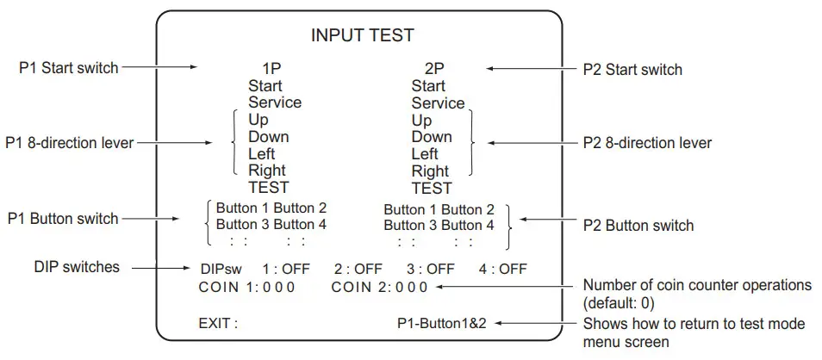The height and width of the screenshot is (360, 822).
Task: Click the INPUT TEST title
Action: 362,36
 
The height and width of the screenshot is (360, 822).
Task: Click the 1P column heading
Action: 272,68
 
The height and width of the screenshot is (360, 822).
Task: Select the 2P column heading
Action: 435,68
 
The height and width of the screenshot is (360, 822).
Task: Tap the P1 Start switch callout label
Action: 68,67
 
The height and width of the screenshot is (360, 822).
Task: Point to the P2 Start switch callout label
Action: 632,69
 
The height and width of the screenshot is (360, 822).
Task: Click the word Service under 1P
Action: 275,102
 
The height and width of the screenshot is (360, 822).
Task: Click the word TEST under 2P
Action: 432,188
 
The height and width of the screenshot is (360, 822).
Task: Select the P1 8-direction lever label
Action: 70,142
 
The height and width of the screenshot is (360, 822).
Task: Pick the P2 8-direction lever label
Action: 648,142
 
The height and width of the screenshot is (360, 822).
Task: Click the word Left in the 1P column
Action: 263,153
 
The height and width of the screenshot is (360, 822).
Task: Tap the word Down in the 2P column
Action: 431,137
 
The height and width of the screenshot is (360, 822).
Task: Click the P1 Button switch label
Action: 63,219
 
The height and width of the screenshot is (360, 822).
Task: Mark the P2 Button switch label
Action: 638,226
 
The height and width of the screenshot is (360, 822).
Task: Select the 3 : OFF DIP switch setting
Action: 430,270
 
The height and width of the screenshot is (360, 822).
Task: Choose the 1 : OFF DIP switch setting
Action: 285,270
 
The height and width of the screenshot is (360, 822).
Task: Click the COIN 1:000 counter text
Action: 246,287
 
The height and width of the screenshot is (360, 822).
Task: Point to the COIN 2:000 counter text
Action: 379,287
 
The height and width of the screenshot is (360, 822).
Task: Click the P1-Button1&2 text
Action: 443,324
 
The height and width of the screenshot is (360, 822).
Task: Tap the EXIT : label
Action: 218,324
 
